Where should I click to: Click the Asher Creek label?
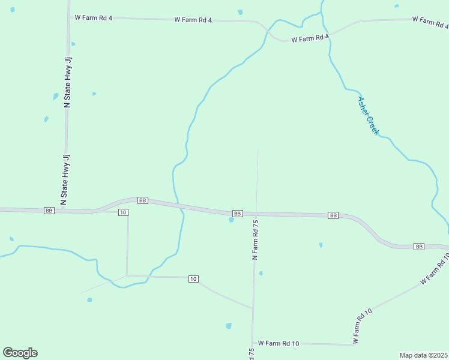(368, 116)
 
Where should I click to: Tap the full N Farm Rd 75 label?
(255, 239)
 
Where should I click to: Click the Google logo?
(20, 352)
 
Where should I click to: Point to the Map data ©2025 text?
(423, 355)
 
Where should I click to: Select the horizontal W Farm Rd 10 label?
(279, 343)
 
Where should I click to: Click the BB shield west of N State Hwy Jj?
(49, 211)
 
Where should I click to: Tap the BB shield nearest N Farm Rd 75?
(237, 213)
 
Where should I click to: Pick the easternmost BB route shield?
(419, 247)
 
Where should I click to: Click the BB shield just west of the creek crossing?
(142, 200)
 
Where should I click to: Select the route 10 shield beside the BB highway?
(122, 212)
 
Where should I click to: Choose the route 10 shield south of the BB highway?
(193, 279)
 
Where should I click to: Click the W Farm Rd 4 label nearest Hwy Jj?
(94, 18)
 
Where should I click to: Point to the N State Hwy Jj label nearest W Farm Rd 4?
(67, 82)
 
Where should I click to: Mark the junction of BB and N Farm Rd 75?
(256, 214)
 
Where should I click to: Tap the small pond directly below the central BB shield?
(231, 220)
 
